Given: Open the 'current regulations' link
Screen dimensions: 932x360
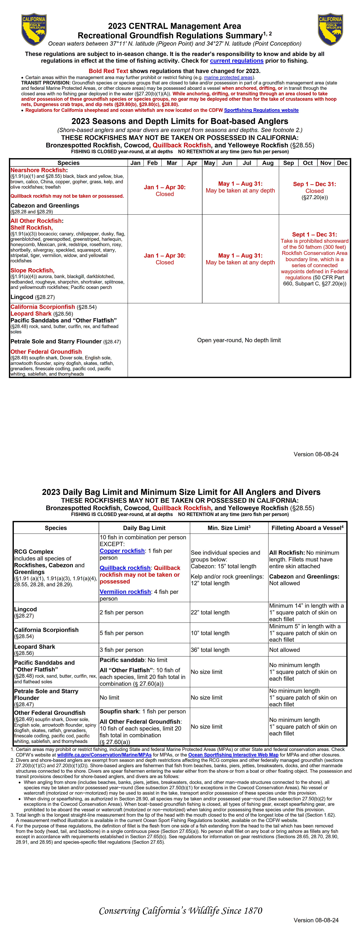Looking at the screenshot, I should coord(237,61).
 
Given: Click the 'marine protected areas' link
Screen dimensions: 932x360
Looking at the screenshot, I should coord(228,77).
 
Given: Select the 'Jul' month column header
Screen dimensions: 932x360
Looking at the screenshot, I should coord(247,163).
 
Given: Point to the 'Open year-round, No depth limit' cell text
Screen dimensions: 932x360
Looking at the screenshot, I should coord(239,340).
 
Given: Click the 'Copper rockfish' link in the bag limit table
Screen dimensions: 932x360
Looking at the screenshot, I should coord(122,551).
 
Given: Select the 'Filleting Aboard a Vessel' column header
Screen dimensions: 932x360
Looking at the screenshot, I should coord(307,528).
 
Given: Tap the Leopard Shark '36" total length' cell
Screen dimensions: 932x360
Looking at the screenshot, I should coord(210,650).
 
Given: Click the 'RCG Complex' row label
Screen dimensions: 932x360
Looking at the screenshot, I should coord(34,551).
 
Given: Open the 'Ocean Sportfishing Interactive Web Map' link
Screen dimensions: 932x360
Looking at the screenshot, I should coord(233,755).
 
